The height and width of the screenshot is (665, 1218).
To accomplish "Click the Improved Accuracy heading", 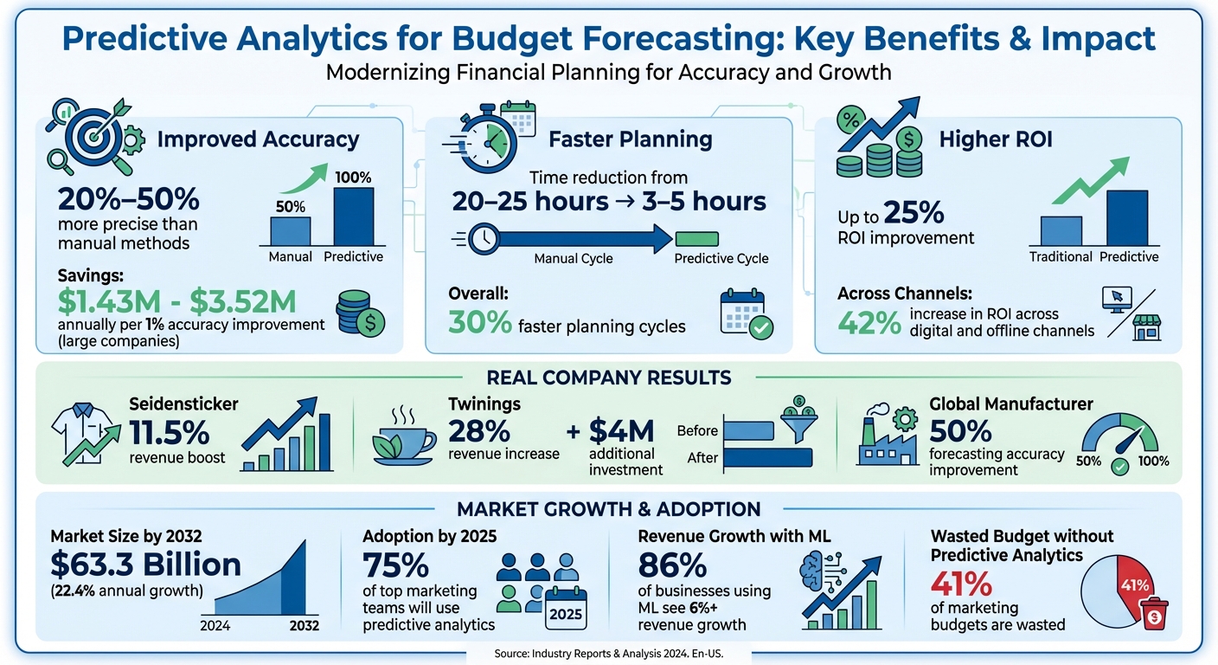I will click(x=258, y=140).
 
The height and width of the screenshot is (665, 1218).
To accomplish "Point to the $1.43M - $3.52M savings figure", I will click(x=176, y=301).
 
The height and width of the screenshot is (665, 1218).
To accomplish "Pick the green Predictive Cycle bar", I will click(x=696, y=238).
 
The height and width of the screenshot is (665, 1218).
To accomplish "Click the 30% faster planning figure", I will click(x=479, y=325).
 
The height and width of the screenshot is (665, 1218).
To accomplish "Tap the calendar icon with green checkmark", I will click(x=746, y=313).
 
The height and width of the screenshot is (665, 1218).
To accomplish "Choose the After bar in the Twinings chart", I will click(x=766, y=458).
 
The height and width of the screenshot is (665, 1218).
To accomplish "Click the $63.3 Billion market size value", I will click(x=145, y=565).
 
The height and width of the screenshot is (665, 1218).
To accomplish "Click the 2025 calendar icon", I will click(x=565, y=607).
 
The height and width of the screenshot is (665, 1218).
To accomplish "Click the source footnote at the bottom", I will click(x=608, y=655).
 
